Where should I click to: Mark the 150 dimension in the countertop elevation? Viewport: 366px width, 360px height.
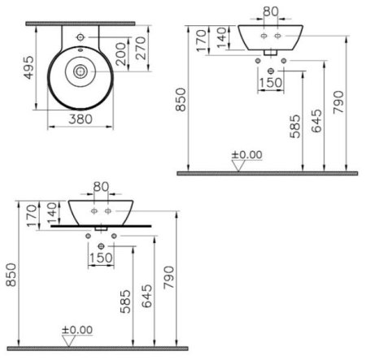(101, 258)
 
